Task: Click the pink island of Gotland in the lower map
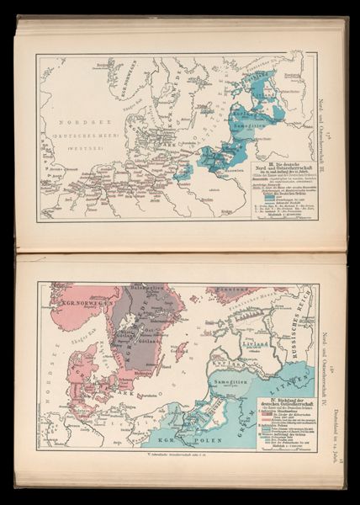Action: pyautogui.click(x=180, y=348)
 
